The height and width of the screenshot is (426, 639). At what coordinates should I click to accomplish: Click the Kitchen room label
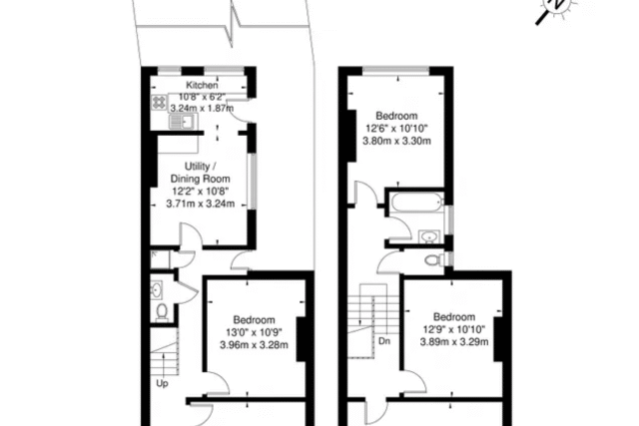point(202,85)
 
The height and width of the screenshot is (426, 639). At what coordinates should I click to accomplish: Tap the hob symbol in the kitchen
point(159,102)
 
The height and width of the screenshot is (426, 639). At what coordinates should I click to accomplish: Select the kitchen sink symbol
point(183,122)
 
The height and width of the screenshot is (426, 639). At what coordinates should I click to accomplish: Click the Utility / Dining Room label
point(200,173)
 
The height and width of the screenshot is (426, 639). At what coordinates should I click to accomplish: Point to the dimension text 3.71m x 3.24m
point(200,204)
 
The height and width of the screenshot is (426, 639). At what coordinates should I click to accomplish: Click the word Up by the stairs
point(162,384)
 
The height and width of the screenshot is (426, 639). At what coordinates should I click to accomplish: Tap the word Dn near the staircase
point(384,341)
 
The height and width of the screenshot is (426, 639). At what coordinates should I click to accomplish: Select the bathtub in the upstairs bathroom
point(416,203)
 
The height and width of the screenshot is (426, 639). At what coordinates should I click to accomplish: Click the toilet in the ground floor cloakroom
point(162,312)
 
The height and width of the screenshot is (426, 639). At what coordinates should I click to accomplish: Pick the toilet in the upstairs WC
point(433,259)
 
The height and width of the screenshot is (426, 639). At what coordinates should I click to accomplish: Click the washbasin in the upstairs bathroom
point(429,236)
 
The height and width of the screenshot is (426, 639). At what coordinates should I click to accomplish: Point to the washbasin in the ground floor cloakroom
point(157,290)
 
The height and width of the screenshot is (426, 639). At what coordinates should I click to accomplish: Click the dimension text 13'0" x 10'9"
point(254,332)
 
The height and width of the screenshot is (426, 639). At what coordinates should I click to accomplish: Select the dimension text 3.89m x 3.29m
point(454,341)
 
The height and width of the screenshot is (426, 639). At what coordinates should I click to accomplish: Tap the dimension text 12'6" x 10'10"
point(396,129)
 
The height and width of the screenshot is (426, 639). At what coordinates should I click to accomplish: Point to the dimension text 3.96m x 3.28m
point(254,345)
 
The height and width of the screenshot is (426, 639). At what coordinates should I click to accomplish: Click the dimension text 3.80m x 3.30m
point(396,142)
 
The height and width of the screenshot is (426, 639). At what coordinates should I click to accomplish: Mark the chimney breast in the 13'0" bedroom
point(302,339)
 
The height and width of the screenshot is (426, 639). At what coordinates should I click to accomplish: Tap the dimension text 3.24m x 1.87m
point(202,109)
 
